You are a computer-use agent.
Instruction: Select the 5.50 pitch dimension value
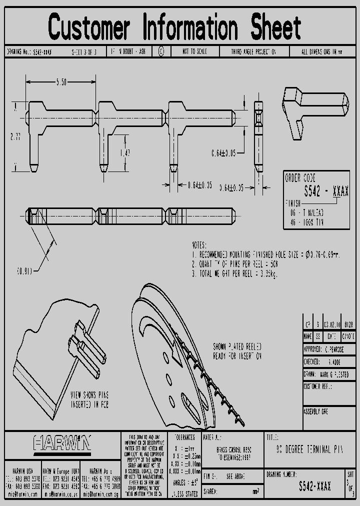click(61, 82)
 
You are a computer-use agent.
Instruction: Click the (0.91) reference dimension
click(24, 271)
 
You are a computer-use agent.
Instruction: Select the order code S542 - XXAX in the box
click(326, 191)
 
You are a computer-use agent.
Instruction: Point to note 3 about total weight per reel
click(235, 274)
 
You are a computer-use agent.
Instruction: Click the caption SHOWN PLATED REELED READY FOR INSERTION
click(237, 351)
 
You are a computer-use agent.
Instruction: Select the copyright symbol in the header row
click(161, 51)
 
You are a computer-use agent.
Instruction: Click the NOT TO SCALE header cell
click(193, 51)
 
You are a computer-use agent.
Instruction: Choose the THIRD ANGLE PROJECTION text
click(253, 51)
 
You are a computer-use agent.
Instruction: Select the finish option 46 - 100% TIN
click(306, 222)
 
